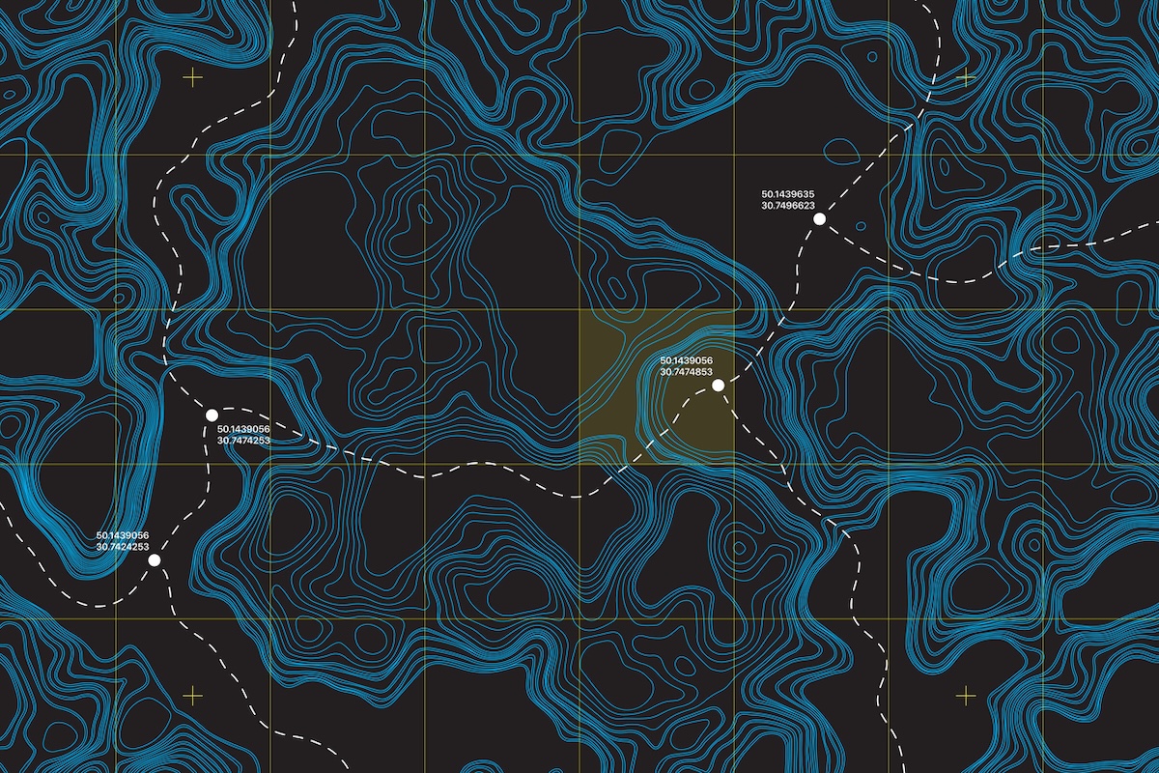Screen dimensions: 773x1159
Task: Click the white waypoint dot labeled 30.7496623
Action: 819,219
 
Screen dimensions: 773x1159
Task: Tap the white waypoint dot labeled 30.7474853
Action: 718,385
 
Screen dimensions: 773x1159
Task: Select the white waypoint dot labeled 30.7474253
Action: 212,415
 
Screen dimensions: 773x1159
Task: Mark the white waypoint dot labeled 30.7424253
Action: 155,559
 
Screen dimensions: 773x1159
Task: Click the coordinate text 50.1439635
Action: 789,193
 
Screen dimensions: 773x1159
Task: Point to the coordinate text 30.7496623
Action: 789,205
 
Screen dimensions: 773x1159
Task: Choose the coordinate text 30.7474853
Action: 686,372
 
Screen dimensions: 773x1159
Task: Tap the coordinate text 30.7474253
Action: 243,441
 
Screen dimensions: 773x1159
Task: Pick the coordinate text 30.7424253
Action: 123,547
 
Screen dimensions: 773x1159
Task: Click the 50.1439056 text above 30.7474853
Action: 686,360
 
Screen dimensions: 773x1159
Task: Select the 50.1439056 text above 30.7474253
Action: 243,429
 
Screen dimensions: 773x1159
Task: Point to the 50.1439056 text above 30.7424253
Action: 123,535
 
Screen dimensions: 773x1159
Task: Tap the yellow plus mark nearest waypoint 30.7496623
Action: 966,77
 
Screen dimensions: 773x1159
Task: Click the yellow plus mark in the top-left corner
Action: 193,77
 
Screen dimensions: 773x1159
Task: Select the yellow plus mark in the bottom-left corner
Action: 193,695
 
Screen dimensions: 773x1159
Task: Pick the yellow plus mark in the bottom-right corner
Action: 966,695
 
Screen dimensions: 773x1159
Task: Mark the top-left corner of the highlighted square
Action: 579,310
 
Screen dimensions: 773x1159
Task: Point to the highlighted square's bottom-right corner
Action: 733,464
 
